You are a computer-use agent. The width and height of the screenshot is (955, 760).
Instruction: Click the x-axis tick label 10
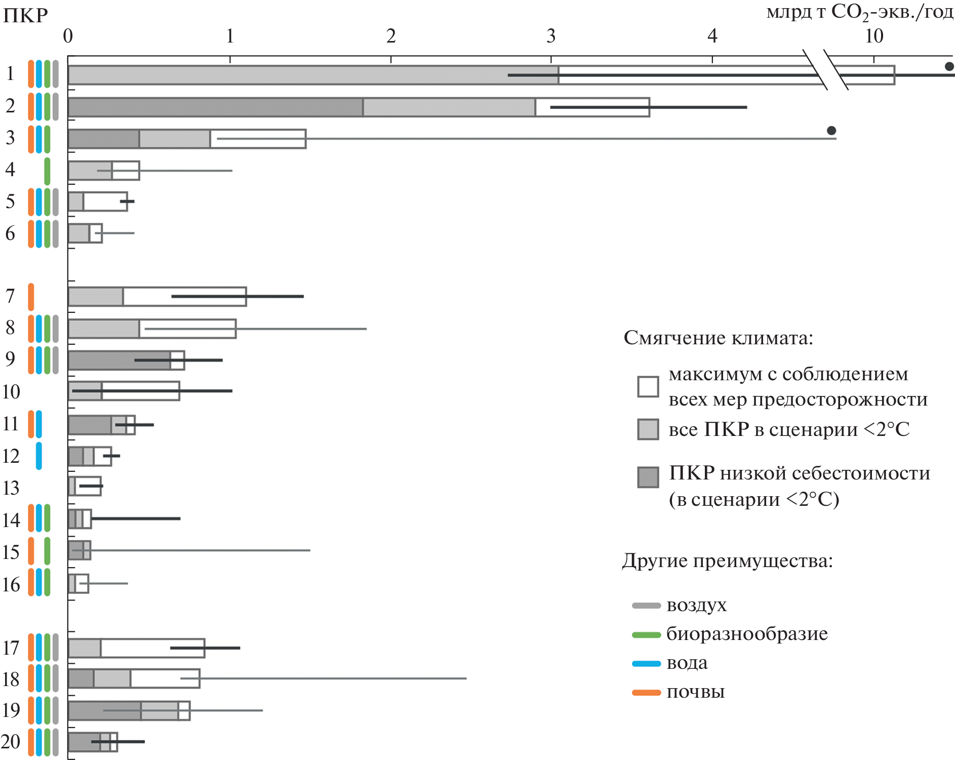pyautogui.click(x=874, y=36)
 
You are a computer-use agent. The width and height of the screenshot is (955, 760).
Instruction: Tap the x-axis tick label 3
pyautogui.click(x=551, y=36)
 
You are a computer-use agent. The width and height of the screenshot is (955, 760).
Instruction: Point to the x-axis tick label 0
pyautogui.click(x=68, y=36)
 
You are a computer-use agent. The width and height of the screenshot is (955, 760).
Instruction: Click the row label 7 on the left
pyautogui.click(x=10, y=296)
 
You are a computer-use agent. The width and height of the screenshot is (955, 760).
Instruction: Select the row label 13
pyautogui.click(x=11, y=488)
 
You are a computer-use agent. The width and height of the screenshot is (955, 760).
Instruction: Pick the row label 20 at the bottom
pyautogui.click(x=11, y=742)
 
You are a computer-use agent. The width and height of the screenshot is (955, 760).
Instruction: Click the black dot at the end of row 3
pyautogui.click(x=831, y=131)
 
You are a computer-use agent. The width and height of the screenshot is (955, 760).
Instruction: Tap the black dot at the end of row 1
pyautogui.click(x=949, y=66)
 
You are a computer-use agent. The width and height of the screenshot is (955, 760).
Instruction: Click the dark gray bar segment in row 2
pyautogui.click(x=215, y=107)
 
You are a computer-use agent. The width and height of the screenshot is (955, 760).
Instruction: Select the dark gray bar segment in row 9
pyautogui.click(x=119, y=361)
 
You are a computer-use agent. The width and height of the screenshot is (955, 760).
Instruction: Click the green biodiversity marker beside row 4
pyautogui.click(x=47, y=171)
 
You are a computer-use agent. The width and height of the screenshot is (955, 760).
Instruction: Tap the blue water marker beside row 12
pyautogui.click(x=39, y=456)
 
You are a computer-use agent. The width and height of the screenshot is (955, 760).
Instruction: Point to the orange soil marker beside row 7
pyautogui.click(x=31, y=297)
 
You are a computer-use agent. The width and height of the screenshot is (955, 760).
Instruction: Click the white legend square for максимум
pyautogui.click(x=648, y=387)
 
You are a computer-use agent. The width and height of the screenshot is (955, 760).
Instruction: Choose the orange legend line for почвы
pyautogui.click(x=646, y=693)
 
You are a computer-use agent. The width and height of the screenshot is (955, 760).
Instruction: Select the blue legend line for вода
pyautogui.click(x=646, y=664)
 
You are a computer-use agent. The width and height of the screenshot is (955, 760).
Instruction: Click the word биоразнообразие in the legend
pyautogui.click(x=747, y=634)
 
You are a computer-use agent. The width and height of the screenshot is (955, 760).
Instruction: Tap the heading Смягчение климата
pyautogui.click(x=718, y=338)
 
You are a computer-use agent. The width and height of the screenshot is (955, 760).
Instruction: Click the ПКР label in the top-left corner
pyautogui.click(x=25, y=16)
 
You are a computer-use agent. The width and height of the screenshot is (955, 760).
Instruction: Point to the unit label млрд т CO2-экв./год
pyautogui.click(x=860, y=12)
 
